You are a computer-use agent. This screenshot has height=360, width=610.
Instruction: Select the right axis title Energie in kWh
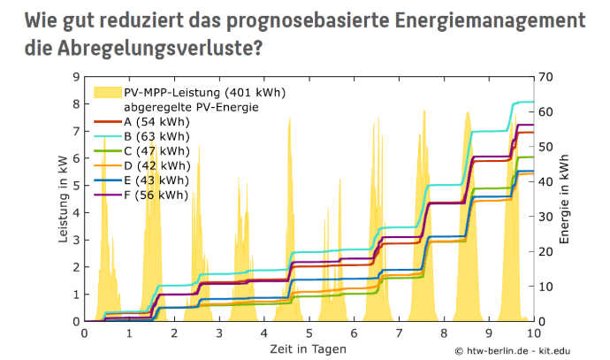click(565, 199)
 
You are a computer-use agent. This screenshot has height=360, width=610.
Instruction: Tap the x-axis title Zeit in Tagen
click(309, 349)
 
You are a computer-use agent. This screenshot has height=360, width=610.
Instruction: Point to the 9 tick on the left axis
click(77, 77)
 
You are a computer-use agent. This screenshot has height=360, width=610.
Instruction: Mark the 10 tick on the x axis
click(533, 333)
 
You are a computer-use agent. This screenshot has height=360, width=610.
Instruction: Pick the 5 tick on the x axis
click(309, 333)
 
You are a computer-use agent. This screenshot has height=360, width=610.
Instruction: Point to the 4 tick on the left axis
click(77, 212)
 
